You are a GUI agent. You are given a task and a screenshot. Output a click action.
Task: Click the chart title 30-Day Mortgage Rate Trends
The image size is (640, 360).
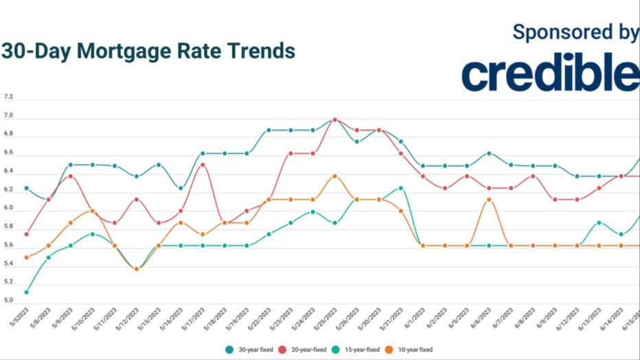click(148, 52)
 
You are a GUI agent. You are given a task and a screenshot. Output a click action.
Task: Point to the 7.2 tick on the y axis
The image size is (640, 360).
click(9, 98)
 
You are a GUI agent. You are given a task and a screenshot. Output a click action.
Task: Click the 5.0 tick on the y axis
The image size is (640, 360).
click(9, 301)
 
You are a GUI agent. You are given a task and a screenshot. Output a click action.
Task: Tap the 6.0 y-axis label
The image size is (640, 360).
click(9, 207)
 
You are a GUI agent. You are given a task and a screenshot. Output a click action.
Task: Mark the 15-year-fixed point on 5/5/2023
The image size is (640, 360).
click(26, 292)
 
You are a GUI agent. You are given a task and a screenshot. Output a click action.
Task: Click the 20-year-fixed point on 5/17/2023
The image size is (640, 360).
click(203, 164)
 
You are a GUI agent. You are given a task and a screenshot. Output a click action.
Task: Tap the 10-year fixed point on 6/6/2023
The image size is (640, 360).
click(488, 199)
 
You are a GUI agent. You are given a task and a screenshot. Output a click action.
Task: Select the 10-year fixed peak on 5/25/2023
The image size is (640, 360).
click(334, 176)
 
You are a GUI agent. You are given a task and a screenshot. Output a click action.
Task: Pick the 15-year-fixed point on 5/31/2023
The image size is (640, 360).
click(400, 188)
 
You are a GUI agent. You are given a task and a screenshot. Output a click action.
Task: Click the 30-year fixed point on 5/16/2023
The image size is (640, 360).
click(181, 188)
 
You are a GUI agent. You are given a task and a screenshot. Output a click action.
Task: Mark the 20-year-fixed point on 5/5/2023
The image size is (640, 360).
click(26, 234)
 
